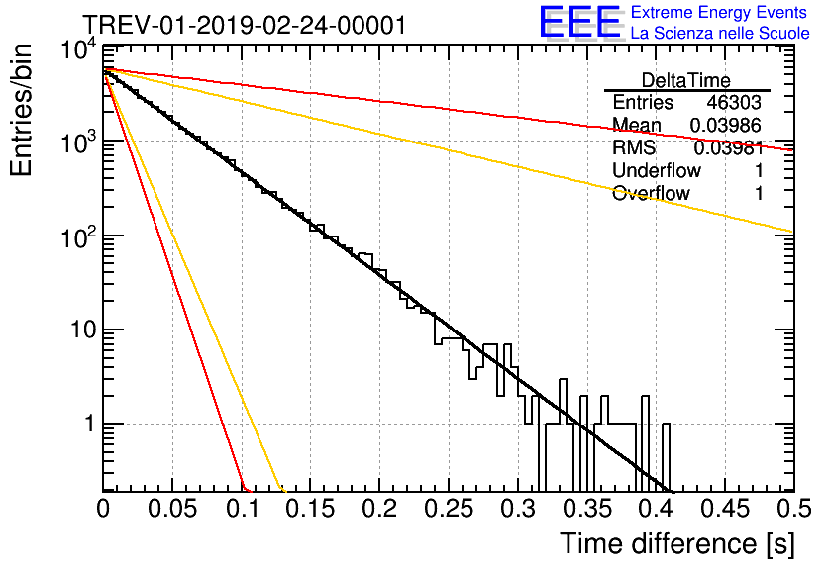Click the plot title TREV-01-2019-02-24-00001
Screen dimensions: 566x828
(244, 25)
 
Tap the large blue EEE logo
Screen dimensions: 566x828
(579, 22)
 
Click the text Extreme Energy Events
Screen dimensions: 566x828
(718, 13)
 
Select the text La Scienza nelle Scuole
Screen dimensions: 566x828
(720, 33)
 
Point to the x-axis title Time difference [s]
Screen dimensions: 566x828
(675, 543)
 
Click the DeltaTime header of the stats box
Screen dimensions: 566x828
(686, 80)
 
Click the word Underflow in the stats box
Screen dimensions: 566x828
(657, 171)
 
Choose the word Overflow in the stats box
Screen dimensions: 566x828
(651, 194)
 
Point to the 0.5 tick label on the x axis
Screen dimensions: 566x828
(792, 511)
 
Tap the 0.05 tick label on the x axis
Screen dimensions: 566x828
(172, 511)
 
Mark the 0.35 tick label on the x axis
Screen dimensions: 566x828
(586, 511)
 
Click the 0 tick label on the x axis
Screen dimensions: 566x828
(103, 511)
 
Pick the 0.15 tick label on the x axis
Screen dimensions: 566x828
(310, 511)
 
